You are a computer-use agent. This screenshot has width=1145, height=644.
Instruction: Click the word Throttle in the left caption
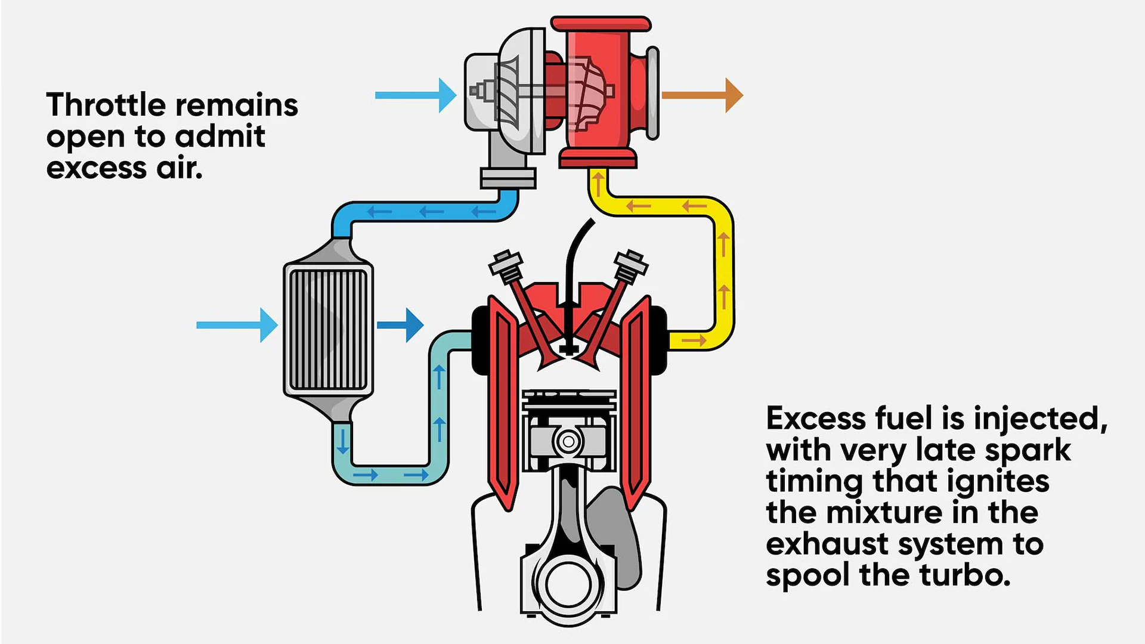click(x=106, y=105)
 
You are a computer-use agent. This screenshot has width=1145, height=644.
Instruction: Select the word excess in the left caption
click(x=96, y=168)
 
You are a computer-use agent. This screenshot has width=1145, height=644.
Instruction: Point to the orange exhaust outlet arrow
click(x=703, y=95)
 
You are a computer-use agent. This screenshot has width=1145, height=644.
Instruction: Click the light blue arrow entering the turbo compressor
click(x=416, y=95)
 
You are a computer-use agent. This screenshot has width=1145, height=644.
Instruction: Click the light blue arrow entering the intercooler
click(x=237, y=325)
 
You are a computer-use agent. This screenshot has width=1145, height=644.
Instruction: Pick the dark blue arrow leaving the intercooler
click(x=400, y=325)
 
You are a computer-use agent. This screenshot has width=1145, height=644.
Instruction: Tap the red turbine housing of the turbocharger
click(x=602, y=92)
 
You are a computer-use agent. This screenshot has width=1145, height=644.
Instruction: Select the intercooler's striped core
click(x=328, y=330)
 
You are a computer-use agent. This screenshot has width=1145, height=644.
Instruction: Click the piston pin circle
click(x=568, y=442)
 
